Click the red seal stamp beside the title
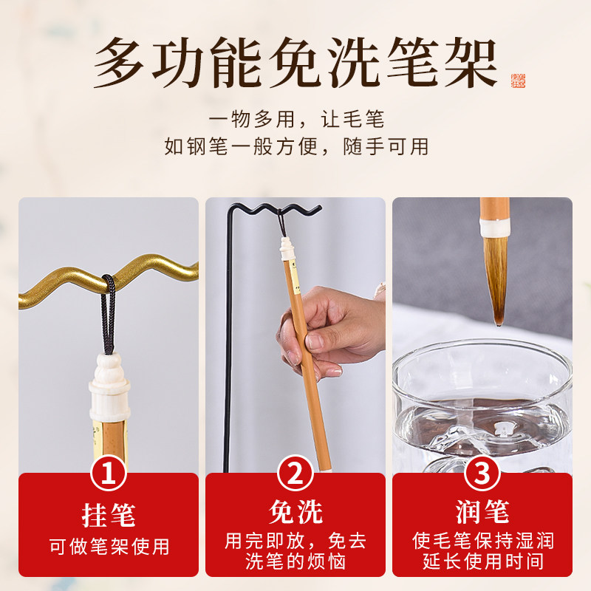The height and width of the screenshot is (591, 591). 519,81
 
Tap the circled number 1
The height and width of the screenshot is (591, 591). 108,474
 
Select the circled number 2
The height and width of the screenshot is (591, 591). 295,474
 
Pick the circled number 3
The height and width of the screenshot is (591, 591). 482,474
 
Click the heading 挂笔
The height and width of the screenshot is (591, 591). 109,515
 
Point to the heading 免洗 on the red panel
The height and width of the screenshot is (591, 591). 295,512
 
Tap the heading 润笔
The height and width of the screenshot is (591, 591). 482,512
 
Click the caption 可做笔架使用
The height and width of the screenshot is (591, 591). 109,546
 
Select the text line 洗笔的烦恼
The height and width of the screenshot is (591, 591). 295,561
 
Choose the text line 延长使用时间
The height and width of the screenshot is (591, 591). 483,561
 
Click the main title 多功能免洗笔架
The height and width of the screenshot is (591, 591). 295,63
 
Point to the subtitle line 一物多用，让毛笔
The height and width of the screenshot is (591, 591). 296,119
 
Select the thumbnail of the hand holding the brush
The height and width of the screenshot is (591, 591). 295,335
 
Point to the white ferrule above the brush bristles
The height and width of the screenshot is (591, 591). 494,228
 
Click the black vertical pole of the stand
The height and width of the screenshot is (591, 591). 228,339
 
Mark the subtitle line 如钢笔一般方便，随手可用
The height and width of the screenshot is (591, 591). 296,146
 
